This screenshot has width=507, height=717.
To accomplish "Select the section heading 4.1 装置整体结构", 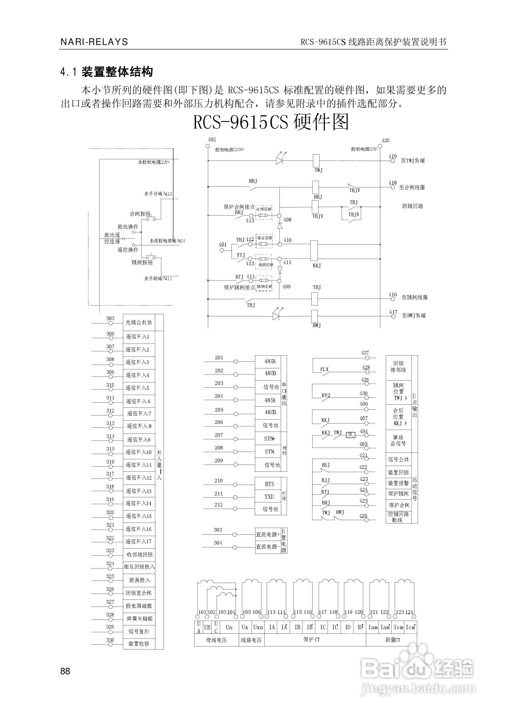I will pos(107,72).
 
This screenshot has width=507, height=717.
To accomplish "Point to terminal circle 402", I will pos(208,146).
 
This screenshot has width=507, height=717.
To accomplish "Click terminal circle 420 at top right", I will pos(380,146).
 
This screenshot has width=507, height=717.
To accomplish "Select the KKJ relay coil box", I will pos(314,250).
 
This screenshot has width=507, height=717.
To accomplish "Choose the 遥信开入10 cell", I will pos(139,452).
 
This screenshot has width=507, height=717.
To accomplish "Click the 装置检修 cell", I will pos(139,644).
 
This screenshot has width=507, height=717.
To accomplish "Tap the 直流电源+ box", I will pos(268,535).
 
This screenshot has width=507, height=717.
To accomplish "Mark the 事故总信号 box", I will pos(398,440).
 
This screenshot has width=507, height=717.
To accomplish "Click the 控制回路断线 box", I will pos(398,517).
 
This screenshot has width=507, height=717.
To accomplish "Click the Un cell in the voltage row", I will pos(229,627).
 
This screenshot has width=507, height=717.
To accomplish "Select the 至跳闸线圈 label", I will pos(414,297).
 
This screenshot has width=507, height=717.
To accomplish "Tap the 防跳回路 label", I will pos(412,206).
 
